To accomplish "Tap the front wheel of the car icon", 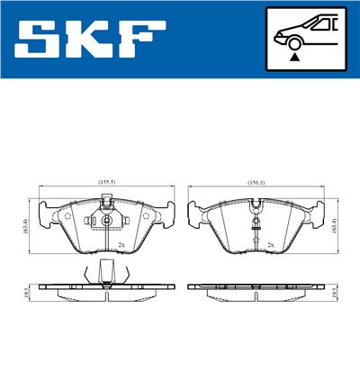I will click(293, 41).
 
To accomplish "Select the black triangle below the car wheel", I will click(293, 56).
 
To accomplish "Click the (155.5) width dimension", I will click(107, 182).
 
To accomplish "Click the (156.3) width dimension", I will click(255, 182).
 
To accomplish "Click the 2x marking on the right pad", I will click(269, 243).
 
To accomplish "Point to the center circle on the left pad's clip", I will click(106, 223).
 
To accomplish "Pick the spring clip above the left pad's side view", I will click(105, 270).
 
